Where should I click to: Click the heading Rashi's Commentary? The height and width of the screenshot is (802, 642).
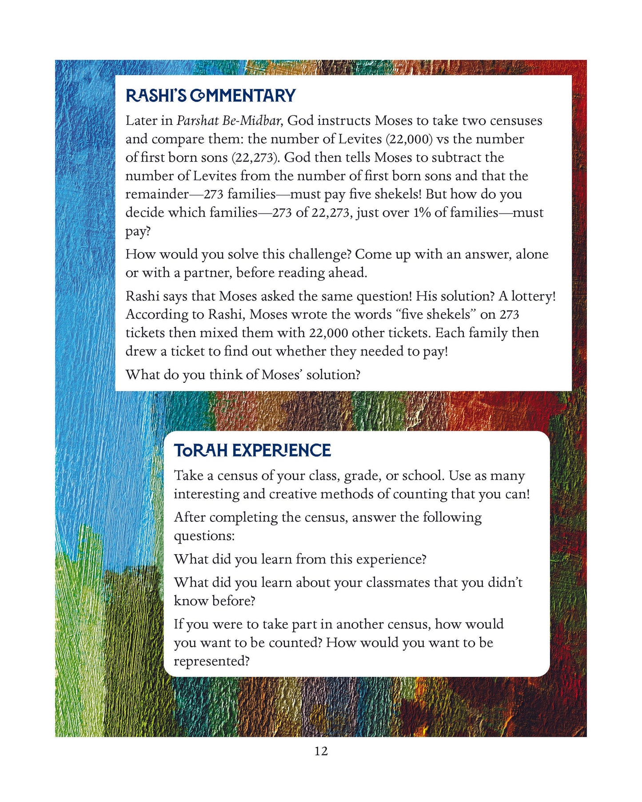point(211,96)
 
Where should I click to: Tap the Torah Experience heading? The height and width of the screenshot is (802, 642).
point(252,450)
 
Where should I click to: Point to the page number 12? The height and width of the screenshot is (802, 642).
point(321,751)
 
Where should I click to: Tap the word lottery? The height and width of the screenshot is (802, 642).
point(533,296)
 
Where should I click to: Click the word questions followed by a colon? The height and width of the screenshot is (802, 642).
point(204,536)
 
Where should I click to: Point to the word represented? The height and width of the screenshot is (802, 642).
point(211,661)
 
